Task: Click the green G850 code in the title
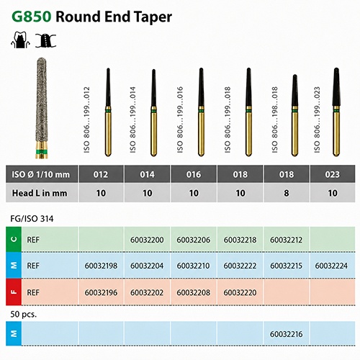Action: [32, 17]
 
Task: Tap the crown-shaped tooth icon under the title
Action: [20, 40]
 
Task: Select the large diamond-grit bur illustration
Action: [42, 108]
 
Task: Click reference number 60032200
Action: [147, 240]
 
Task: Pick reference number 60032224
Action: [331, 266]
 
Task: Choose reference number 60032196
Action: [101, 292]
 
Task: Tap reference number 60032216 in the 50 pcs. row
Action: [286, 334]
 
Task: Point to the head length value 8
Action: [287, 193]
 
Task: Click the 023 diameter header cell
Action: [333, 174]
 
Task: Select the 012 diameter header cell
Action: [101, 174]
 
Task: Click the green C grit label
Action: [14, 239]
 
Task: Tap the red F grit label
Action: [14, 292]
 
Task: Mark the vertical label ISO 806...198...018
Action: [275, 120]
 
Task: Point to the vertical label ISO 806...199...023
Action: [317, 120]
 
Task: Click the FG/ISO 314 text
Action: [32, 219]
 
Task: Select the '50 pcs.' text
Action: [24, 314]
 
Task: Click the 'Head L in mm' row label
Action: [40, 193]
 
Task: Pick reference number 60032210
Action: [193, 266]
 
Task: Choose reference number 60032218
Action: [240, 240]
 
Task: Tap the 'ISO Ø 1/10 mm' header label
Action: [41, 174]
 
